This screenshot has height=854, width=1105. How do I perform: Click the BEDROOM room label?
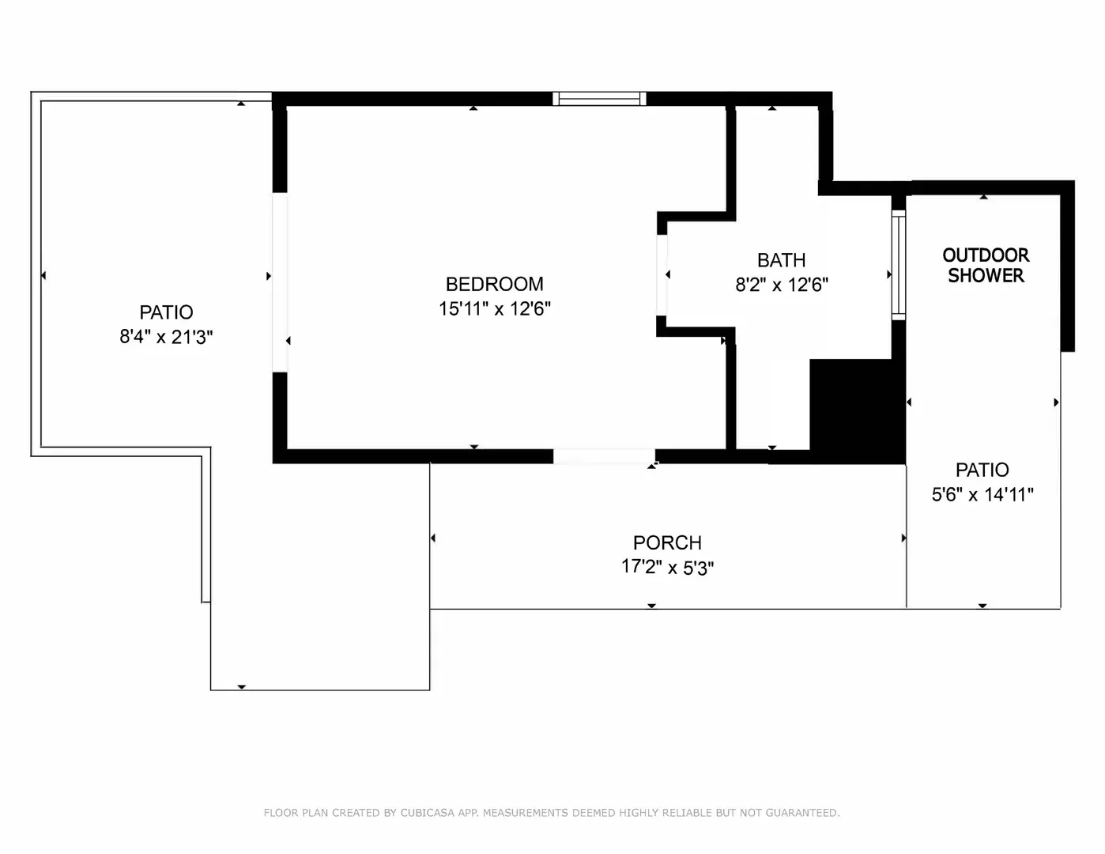[494, 285]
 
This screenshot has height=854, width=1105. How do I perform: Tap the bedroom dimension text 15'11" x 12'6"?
[494, 308]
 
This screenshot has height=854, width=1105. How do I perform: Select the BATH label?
[781, 260]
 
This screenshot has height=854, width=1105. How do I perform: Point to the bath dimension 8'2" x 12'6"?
[782, 285]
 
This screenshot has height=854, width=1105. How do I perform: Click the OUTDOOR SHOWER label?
[986, 265]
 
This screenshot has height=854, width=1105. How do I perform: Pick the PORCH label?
[667, 542]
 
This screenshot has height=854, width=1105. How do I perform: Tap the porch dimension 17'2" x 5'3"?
[667, 567]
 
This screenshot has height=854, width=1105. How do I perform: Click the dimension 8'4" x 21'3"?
[166, 337]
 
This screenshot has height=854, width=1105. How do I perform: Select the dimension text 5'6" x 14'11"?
[982, 494]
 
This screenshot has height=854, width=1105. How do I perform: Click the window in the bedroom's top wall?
[599, 99]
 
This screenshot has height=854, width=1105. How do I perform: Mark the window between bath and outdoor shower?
[899, 265]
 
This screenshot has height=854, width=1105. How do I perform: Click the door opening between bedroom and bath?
[662, 274]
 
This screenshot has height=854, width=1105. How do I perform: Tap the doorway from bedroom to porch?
[604, 456]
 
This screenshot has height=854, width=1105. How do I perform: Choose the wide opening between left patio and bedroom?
[280, 282]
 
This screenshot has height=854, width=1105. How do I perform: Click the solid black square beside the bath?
[858, 411]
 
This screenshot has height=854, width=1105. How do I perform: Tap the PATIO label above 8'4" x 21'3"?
[166, 312]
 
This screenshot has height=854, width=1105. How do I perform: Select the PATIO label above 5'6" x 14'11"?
[982, 470]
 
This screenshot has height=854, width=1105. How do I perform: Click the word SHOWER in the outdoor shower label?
[986, 275]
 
